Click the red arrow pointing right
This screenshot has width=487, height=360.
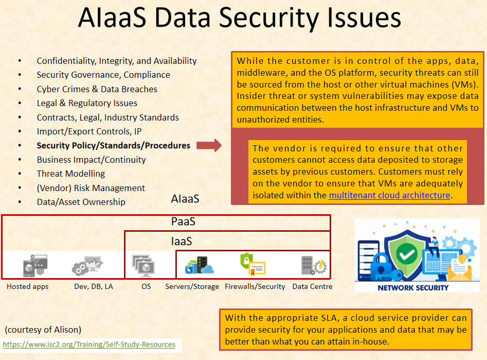pos(209,146)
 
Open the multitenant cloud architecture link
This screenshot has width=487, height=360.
pos(389,195)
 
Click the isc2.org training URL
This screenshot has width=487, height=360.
pos(89,344)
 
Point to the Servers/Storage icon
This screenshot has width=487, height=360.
pos(199,265)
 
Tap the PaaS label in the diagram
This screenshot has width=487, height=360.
pos(183,222)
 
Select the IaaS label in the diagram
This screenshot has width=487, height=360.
pos(182,241)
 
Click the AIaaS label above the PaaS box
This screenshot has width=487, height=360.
pos(185,199)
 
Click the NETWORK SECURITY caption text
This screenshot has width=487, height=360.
pos(413,287)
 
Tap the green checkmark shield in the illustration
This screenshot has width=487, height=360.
pos(407,254)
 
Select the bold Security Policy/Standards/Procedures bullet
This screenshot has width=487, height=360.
pos(113,146)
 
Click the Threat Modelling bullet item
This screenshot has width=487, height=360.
pos(70,174)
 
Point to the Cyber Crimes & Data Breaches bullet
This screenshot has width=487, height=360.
pos(97,89)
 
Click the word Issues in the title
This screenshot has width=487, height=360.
pos(359,18)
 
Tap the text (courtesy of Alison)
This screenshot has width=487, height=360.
pos(43,330)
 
